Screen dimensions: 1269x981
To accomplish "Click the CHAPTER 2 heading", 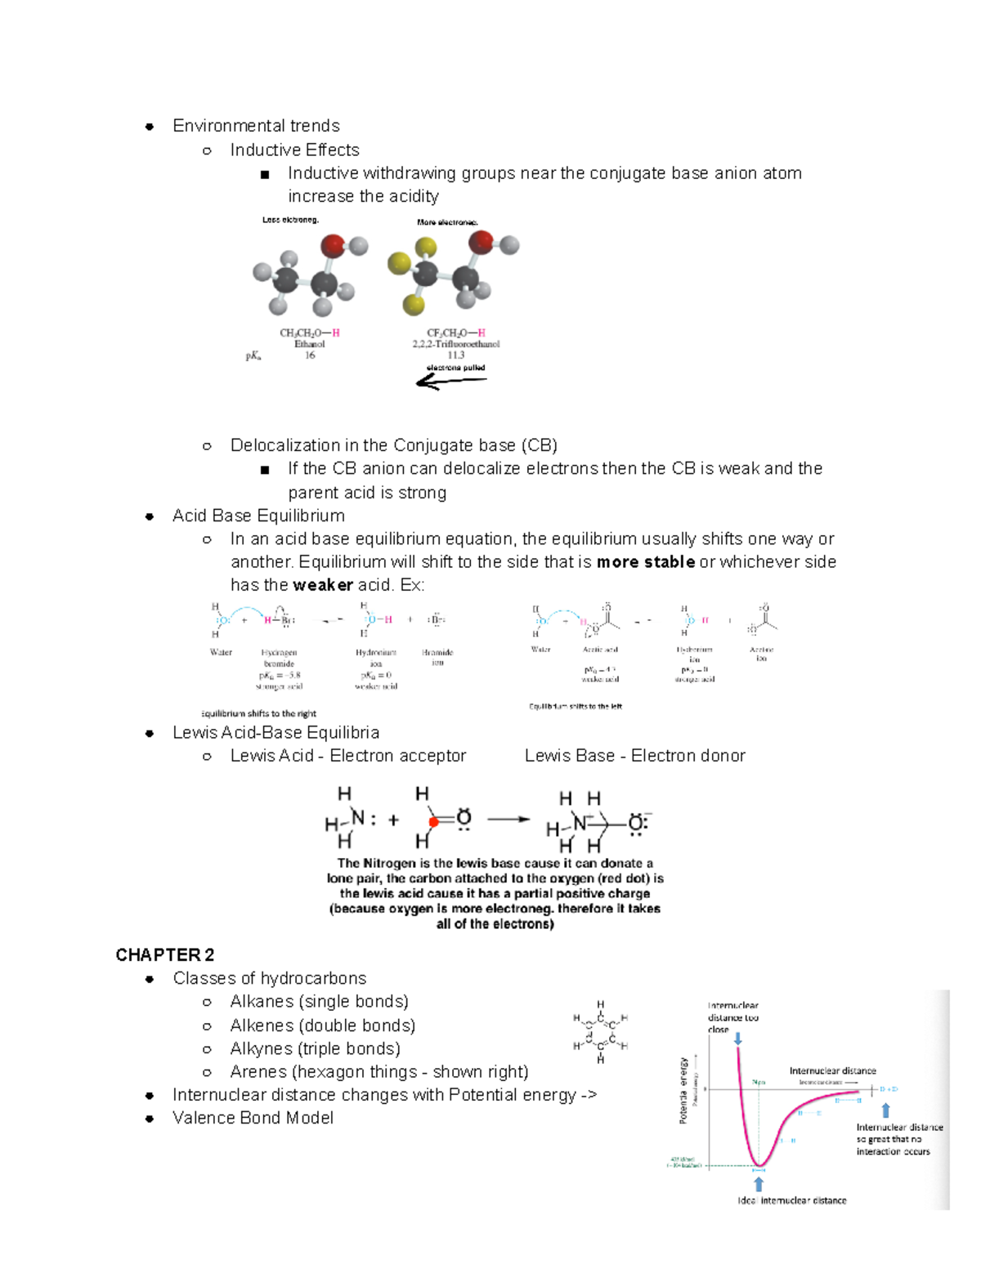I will pos(164,954).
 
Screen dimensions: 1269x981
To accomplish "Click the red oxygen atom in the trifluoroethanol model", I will pos(481,241).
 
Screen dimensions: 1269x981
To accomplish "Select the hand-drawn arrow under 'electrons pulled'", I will pos(451,381).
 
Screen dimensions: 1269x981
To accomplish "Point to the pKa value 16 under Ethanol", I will pos(310,355).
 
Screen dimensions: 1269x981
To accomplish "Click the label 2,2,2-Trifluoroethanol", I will pos(455,344).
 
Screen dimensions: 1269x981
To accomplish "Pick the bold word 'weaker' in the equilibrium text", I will pos(323,585).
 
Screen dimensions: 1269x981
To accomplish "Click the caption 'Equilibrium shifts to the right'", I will pos(259,713).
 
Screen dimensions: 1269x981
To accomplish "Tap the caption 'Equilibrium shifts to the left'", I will pos(576,706).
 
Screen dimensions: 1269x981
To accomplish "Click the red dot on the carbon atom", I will pos(433,821).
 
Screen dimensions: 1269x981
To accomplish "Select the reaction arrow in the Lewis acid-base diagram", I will pos(508,819).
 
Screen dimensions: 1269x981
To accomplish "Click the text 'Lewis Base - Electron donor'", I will pos(634,756).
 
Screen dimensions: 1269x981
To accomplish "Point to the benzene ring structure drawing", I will pos(601,1032).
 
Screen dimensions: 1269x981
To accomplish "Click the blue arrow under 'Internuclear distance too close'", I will pos(737,1039).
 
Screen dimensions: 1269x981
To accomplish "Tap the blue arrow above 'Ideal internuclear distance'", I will pos(759,1184).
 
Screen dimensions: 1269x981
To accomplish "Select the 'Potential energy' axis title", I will pos(684,1090).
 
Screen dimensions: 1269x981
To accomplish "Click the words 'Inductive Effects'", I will pos(294,150).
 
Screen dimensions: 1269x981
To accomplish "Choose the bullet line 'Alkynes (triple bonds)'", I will pos(315,1048).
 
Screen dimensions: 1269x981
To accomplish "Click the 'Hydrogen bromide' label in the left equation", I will pos(279,658).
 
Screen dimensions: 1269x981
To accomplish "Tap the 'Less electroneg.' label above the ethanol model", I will pos(290,220).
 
